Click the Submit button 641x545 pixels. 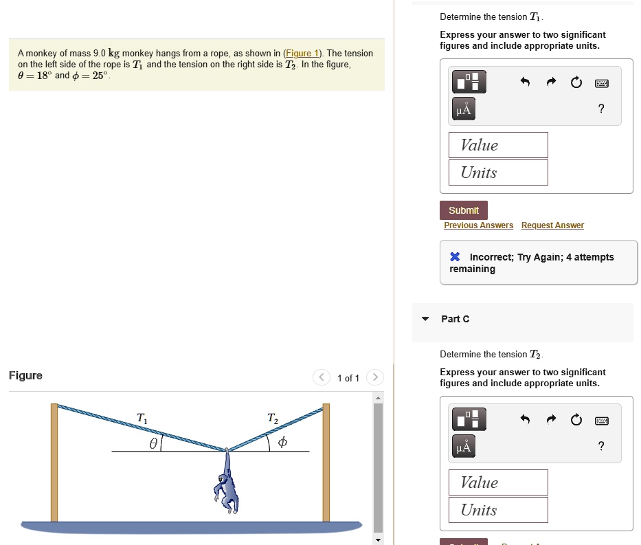coord(464,210)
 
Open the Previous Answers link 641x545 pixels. coord(478,225)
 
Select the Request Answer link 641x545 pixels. coord(552,225)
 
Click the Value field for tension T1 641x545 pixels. coord(498,145)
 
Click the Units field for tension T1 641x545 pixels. coord(498,173)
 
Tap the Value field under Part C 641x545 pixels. coord(498,482)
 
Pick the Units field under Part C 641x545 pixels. coord(498,510)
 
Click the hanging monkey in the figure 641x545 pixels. coord(227,485)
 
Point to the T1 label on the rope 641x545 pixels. coord(142,417)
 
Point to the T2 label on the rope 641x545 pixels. coord(272,418)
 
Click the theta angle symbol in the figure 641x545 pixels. coord(155,444)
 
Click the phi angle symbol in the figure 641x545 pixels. coord(282,444)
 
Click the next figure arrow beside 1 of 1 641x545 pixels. coord(374,377)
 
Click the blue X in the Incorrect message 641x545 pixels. coord(455,257)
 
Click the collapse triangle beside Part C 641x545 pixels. coord(425,319)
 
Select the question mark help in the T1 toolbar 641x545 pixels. coord(601,109)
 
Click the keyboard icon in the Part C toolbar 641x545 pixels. coord(602,420)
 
